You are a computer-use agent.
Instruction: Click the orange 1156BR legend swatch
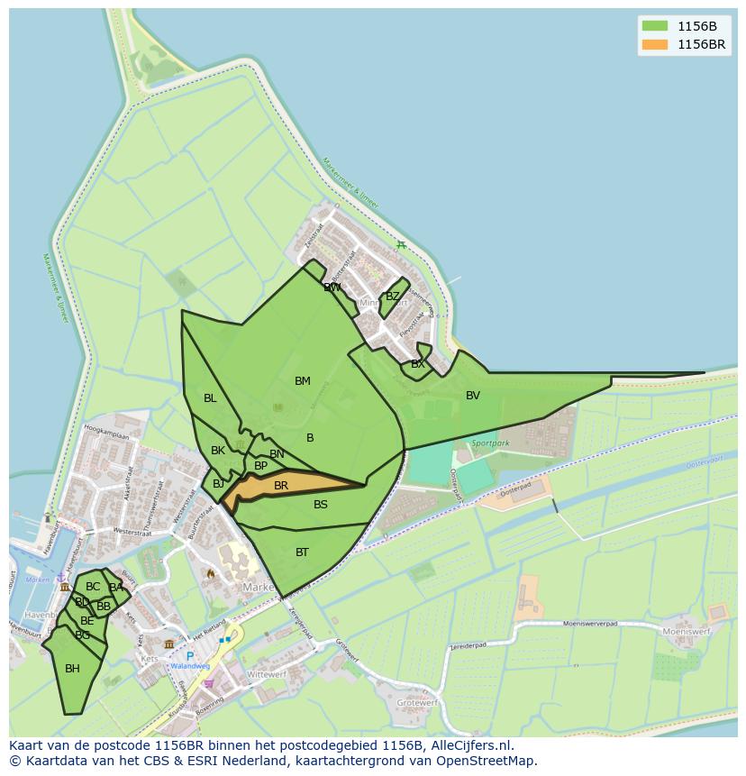coord(655,44)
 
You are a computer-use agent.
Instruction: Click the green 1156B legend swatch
coord(655,25)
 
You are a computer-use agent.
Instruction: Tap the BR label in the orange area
coord(281,486)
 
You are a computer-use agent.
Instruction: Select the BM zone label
coord(303,381)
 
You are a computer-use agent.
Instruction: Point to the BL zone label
coord(210,398)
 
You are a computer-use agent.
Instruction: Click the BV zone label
coord(473,396)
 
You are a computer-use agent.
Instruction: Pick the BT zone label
coord(302,552)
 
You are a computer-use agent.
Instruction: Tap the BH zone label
coord(72,669)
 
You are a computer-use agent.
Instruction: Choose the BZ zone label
coord(392,297)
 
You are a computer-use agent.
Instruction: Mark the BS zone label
coord(321,505)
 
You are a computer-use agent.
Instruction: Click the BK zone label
coord(218,451)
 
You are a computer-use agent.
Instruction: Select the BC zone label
coord(93,587)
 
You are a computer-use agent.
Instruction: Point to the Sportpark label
coord(490,443)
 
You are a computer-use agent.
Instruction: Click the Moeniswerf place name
coord(687,632)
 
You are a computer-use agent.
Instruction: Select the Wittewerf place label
coord(266,674)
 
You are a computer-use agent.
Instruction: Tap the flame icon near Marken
coord(211,573)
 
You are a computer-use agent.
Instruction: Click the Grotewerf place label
coord(418,702)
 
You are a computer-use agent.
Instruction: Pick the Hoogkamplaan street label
coord(106,435)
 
